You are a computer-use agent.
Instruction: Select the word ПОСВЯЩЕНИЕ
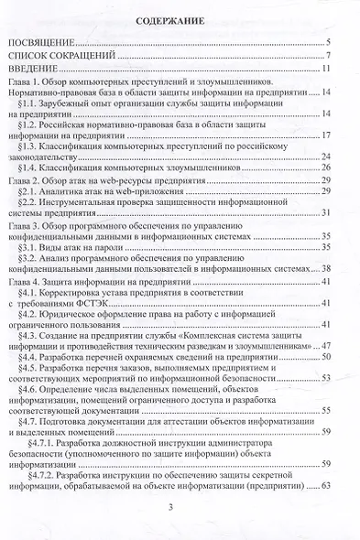point(42,41)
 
